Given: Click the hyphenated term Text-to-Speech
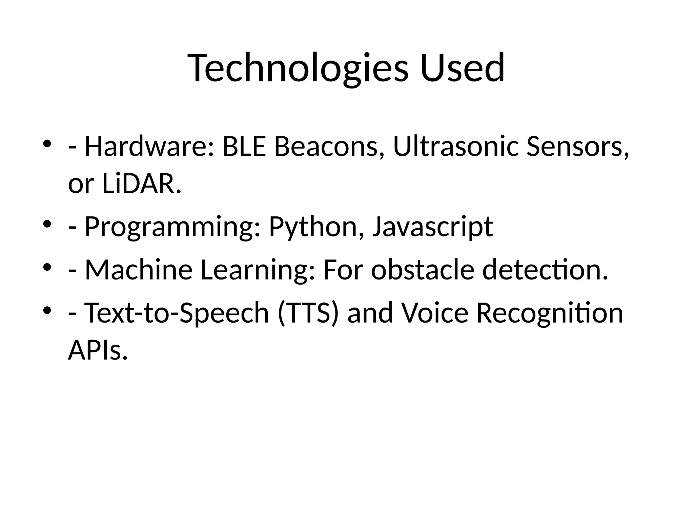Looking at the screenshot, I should pyautogui.click(x=177, y=313).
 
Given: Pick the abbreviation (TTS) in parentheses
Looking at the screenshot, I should pyautogui.click(x=308, y=313).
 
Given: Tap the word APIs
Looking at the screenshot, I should pyautogui.click(x=98, y=350).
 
